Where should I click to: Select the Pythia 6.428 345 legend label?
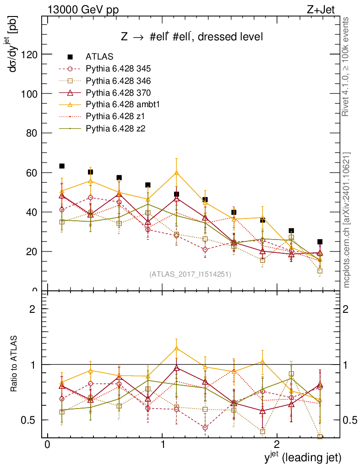pos(118,69)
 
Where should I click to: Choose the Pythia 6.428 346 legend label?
pos(118,81)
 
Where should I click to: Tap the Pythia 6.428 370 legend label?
pos(118,93)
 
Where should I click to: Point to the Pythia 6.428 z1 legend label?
pos(114,116)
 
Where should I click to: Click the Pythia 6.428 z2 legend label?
pos(114,128)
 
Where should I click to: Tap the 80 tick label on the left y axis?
pos(30,133)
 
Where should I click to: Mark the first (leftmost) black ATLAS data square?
pos(62,166)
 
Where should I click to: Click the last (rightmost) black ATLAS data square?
pos(320,241)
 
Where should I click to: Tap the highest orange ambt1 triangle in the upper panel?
pos(176,173)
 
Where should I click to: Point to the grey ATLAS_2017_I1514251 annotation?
pos(190,274)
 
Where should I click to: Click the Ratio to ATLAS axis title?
pos(14,364)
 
